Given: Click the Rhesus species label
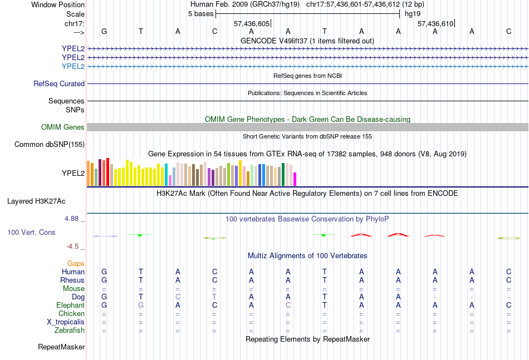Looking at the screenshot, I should [x=73, y=280].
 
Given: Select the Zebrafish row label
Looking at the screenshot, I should [x=70, y=330].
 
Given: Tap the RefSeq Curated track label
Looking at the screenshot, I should [x=59, y=83].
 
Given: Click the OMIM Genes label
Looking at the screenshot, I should [x=63, y=127].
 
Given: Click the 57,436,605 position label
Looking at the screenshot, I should [x=252, y=23].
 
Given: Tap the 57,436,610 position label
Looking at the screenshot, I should [x=435, y=23].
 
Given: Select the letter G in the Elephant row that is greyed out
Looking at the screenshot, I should [x=141, y=305].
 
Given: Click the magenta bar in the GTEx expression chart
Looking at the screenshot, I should [x=295, y=179].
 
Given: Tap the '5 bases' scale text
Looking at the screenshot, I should [x=200, y=13].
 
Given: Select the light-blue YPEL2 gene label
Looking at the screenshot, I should [x=73, y=66].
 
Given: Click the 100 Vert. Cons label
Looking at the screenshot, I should [x=31, y=232].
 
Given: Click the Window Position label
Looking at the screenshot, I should [x=58, y=4].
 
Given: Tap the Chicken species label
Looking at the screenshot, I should [x=72, y=313].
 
